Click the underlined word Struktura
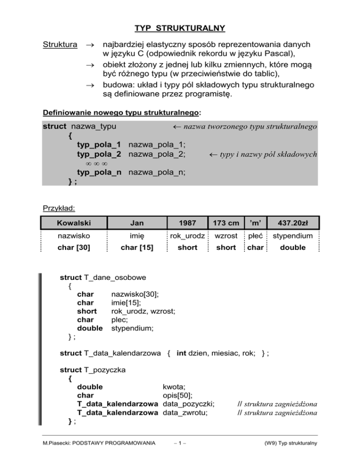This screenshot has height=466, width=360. click(x=60, y=45)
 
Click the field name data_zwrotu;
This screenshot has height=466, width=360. click(x=185, y=413)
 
